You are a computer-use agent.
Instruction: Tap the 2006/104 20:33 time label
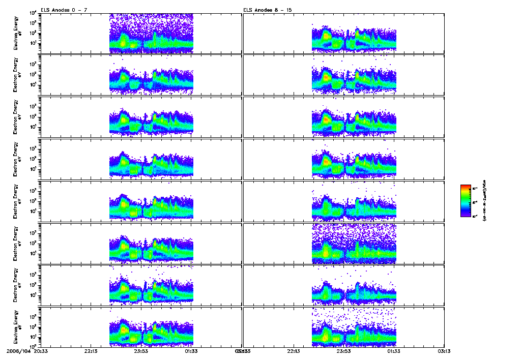click(27, 351)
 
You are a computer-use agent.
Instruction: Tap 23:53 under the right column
click(344, 351)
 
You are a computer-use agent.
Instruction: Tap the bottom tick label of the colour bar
click(475, 216)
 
